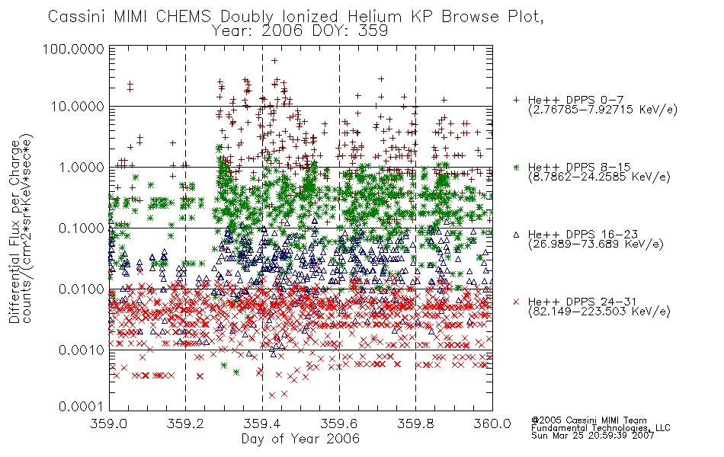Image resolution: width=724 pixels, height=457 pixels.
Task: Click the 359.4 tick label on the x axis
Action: (x=263, y=423)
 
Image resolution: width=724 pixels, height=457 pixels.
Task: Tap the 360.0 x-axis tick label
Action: (x=492, y=423)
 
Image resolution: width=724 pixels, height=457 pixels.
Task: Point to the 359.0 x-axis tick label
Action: (x=109, y=423)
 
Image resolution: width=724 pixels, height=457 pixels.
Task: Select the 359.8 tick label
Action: (x=416, y=423)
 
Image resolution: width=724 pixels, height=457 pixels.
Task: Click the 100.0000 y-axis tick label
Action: (x=74, y=49)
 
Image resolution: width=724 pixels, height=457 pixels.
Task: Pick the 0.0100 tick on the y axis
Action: (x=82, y=289)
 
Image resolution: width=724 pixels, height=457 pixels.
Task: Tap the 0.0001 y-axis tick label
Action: (x=82, y=407)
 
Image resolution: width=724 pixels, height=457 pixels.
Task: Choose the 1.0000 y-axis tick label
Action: (x=82, y=167)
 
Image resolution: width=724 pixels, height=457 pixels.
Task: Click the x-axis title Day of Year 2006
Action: (x=300, y=439)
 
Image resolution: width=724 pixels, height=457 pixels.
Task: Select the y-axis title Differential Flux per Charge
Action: (x=14, y=231)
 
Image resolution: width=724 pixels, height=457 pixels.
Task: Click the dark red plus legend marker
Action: (x=516, y=100)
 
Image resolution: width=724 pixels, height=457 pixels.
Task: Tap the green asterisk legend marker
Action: (x=516, y=167)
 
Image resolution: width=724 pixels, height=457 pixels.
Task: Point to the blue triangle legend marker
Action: (x=516, y=235)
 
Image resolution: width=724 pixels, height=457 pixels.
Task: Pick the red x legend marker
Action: (x=516, y=302)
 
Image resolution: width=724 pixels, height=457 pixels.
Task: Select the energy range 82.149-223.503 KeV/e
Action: (x=599, y=312)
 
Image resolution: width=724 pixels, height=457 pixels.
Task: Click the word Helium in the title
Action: (x=375, y=17)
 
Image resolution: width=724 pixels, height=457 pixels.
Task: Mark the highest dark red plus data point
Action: (x=274, y=60)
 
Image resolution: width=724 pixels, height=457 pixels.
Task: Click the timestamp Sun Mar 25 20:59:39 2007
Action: (x=593, y=435)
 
